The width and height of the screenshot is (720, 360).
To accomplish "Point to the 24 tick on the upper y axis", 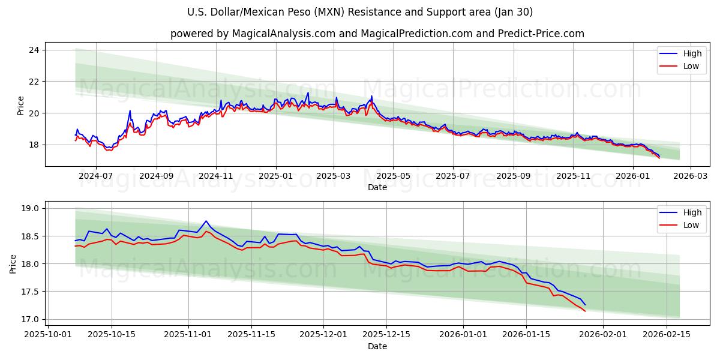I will point(34,50).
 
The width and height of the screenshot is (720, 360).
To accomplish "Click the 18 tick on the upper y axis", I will point(34,145).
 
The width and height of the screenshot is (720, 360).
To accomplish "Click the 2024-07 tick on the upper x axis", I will point(96,176).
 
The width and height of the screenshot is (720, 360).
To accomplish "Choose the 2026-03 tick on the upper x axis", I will point(689,176).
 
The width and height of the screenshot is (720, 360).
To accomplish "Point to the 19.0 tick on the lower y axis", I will point(29,209).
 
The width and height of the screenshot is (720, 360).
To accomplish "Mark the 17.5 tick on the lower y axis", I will point(29,292).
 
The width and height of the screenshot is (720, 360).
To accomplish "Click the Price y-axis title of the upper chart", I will point(21,106).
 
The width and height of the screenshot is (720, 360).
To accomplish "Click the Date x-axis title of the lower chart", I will point(377,346).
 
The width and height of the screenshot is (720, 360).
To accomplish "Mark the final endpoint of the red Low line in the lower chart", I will point(585,311).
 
